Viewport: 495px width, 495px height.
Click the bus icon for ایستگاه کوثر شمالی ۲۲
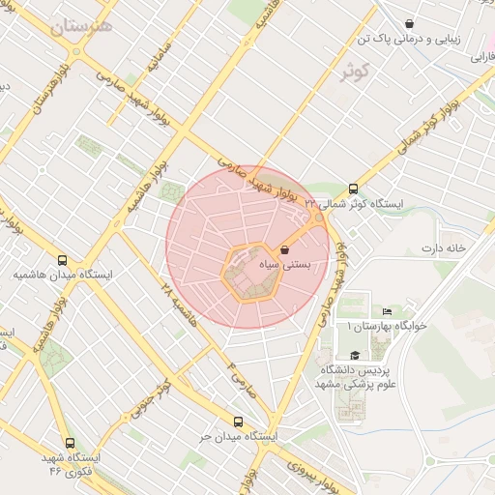pos(353,189)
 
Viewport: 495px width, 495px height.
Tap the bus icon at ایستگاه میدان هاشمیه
pos(63,260)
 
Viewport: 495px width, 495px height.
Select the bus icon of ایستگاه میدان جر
pos(239,421)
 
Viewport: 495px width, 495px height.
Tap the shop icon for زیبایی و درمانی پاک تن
pos(410,23)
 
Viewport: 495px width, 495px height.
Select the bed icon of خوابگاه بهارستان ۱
pos(387,311)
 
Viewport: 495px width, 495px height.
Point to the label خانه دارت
pos(443,248)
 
